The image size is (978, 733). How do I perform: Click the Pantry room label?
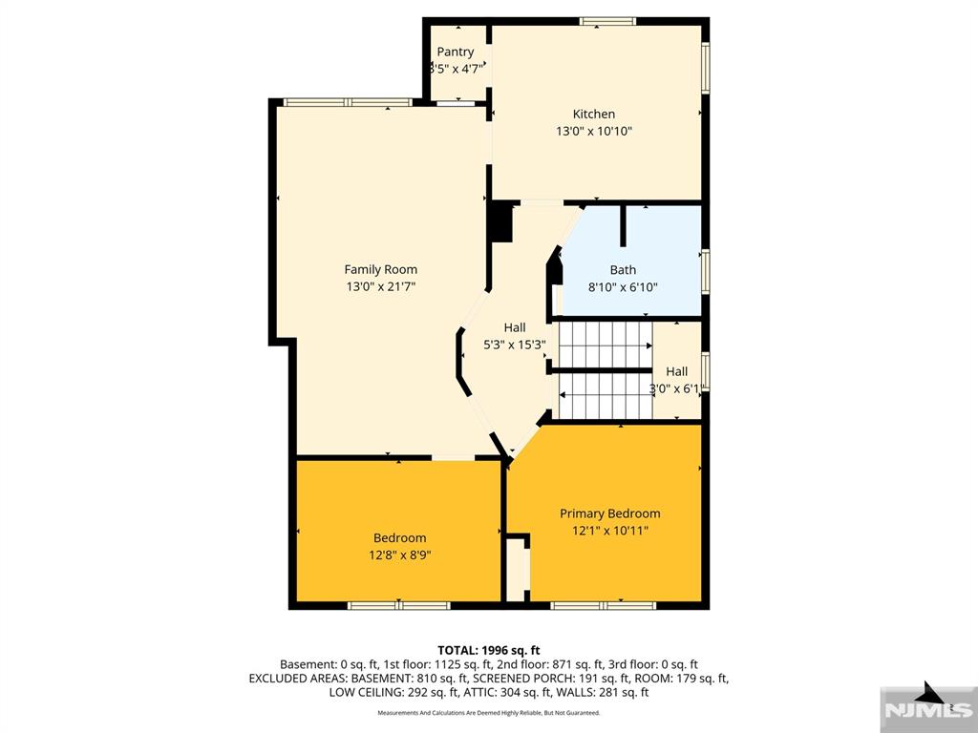pyautogui.click(x=456, y=52)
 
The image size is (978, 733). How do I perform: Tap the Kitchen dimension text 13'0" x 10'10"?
pyautogui.click(x=594, y=132)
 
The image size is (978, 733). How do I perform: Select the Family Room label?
pyautogui.click(x=381, y=269)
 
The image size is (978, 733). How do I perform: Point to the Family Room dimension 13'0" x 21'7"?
pyautogui.click(x=381, y=286)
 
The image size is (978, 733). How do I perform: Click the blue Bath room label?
pyautogui.click(x=623, y=270)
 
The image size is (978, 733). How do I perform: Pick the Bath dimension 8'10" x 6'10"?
pyautogui.click(x=623, y=287)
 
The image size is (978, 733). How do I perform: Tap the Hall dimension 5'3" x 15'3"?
pyautogui.click(x=515, y=346)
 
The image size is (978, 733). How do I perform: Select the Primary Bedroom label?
pyautogui.click(x=609, y=513)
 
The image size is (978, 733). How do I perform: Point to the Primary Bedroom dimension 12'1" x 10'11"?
pyautogui.click(x=609, y=531)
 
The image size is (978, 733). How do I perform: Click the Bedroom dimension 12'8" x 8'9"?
pyautogui.click(x=399, y=555)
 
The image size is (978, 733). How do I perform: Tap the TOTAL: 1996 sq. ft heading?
pyautogui.click(x=488, y=649)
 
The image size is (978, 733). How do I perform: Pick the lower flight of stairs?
pyautogui.click(x=605, y=395)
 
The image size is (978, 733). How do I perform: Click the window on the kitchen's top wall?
pyautogui.click(x=609, y=21)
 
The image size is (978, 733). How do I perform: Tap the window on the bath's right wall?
pyautogui.click(x=706, y=269)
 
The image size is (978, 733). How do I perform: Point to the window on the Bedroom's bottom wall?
pyautogui.click(x=398, y=605)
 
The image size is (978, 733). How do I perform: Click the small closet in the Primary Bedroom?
pyautogui.click(x=517, y=570)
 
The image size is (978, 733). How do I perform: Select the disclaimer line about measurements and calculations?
pyautogui.click(x=488, y=713)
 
